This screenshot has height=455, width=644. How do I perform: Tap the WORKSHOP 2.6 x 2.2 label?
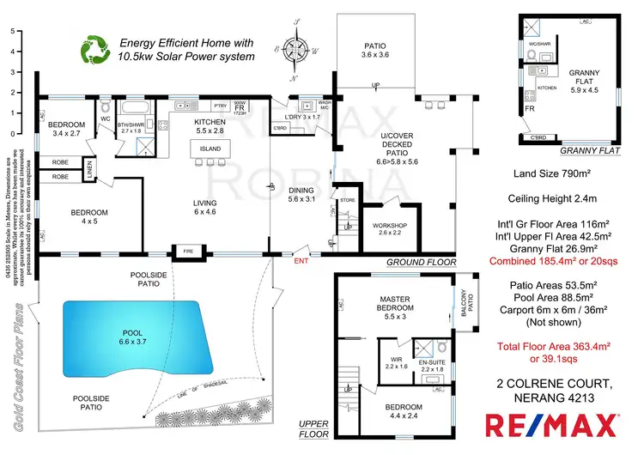[x=385, y=229]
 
